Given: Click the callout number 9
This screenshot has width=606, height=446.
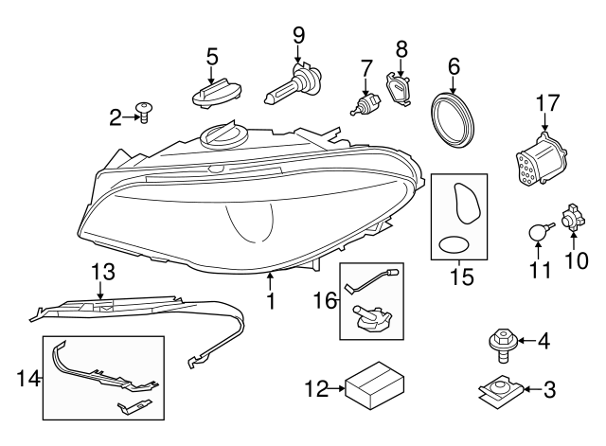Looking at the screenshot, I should coord(298,35).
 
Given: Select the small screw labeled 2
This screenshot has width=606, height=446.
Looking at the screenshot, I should coord(145,113).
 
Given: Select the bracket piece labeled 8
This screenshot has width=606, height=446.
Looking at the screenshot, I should coord(401,87).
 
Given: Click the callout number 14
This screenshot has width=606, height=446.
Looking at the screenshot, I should coord(28,380).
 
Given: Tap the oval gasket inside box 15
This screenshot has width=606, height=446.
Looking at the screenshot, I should coord(456,245).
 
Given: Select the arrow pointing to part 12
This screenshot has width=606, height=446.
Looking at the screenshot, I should coord(333,388).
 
